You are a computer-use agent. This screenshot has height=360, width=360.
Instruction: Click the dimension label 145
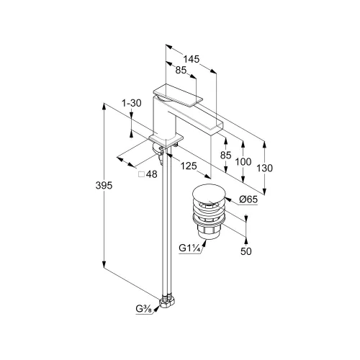point(192,59)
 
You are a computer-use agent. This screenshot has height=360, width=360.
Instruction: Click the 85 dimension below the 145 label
point(181,70)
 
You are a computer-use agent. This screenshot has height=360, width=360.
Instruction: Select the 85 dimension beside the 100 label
point(225,156)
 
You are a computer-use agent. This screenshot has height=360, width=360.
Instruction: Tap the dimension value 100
point(243,162)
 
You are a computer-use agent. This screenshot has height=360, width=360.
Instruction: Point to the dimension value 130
point(265,168)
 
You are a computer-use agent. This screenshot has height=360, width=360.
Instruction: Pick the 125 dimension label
point(189,166)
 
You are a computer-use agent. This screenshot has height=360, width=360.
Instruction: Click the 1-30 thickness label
point(132,103)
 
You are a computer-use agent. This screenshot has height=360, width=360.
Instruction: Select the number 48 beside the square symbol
point(152,174)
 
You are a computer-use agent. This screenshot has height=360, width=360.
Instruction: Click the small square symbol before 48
point(142,174)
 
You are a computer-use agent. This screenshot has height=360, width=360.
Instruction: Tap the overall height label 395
point(104,186)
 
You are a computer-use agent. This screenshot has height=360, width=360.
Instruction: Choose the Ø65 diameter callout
point(248,199)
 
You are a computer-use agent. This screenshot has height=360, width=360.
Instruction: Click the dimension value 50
point(246,251)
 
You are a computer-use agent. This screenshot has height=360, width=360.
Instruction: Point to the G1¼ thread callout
point(189,248)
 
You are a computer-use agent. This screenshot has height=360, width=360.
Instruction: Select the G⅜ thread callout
point(143,309)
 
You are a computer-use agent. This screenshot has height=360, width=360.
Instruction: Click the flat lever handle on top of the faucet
point(178,95)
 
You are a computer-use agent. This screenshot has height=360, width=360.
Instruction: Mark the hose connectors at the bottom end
point(167,301)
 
